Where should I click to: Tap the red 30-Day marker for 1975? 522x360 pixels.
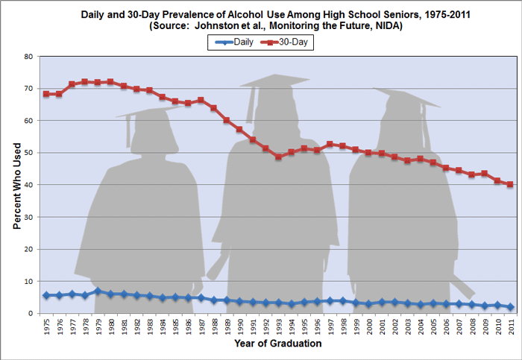click(x=46, y=94)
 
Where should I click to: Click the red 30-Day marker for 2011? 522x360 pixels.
click(x=510, y=184)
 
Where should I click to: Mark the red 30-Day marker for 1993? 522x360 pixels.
click(x=278, y=157)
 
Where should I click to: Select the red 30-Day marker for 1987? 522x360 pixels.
click(x=201, y=100)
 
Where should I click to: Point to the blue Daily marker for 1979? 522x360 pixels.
click(x=98, y=291)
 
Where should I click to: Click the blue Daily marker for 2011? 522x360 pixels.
click(x=510, y=307)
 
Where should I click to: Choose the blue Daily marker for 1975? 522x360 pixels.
click(x=46, y=295)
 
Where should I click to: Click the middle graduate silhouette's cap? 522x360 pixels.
click(x=276, y=80)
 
